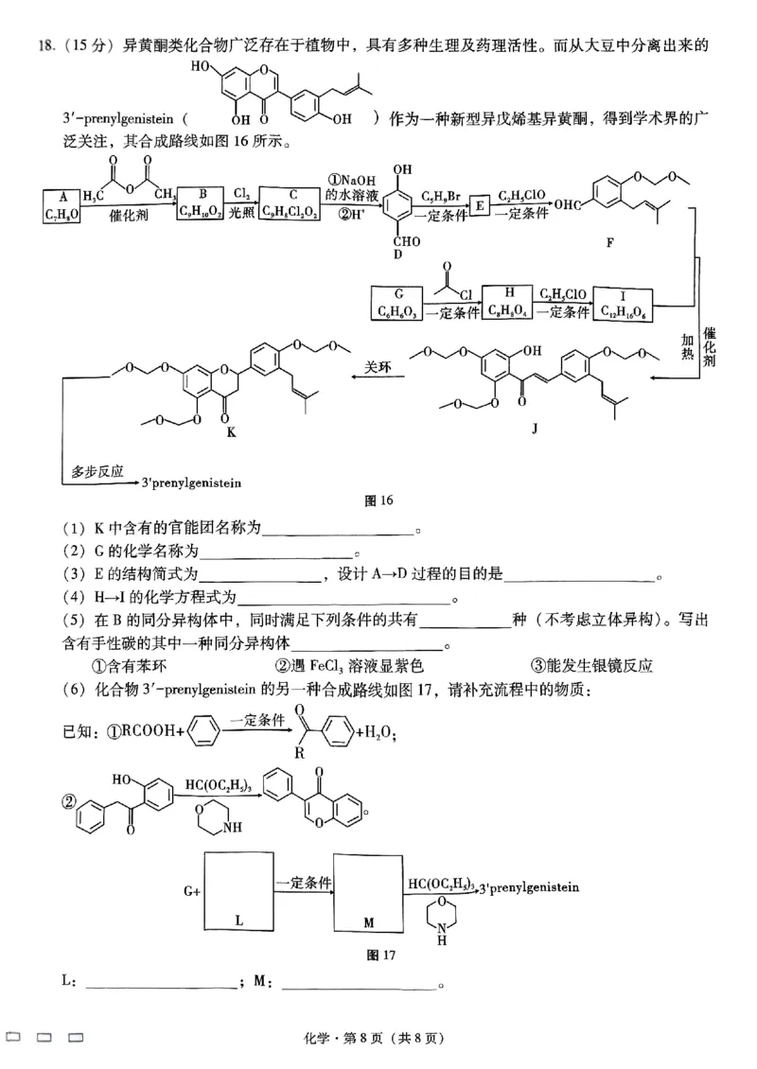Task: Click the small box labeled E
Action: [480, 205]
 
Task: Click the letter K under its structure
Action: [230, 431]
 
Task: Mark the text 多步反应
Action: [97, 471]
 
